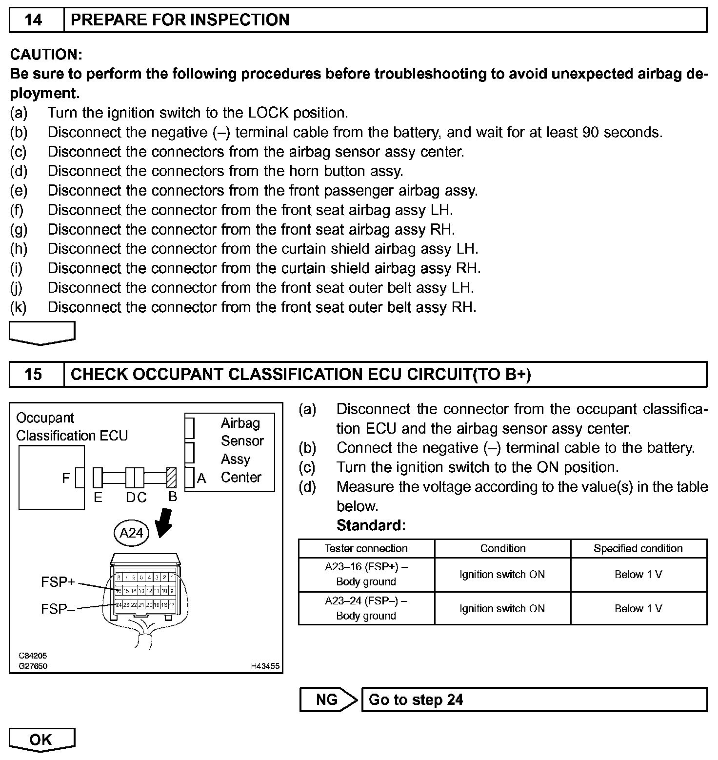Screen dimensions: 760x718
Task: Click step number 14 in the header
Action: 33,20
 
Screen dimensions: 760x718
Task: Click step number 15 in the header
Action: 33,374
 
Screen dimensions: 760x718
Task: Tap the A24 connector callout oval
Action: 131,533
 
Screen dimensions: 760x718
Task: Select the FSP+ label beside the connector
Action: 58,582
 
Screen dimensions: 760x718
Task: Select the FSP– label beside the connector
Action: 58,609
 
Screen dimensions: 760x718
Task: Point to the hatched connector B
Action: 171,478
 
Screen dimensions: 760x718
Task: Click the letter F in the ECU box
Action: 66,479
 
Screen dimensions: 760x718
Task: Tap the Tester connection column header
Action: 366,548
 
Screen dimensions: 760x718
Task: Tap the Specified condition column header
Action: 638,548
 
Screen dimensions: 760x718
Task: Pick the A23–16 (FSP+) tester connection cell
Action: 366,574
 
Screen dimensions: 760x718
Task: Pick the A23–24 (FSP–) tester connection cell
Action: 366,608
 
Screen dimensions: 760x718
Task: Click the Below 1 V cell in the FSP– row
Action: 638,608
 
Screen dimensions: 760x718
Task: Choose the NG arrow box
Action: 327,700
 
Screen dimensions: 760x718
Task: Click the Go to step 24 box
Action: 534,700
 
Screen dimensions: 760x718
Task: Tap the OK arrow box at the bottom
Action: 41,740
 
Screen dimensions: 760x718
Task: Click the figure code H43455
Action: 265,666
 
